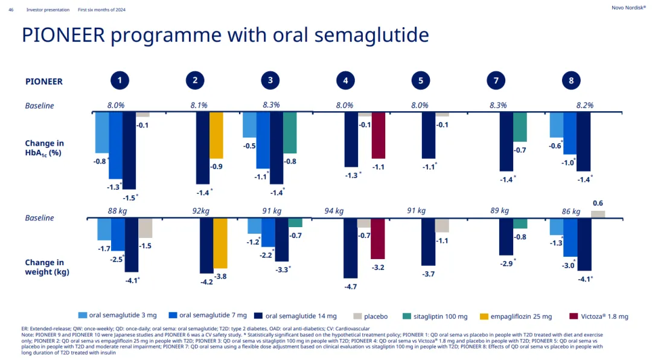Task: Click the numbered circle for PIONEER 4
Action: [345, 81]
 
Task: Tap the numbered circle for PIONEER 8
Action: [571, 81]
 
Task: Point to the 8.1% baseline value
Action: [199, 105]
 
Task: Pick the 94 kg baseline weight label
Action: [334, 211]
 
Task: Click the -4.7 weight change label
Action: [351, 286]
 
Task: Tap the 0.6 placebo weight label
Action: [598, 203]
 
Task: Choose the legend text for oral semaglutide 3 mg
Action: [123, 315]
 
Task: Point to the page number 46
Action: [11, 10]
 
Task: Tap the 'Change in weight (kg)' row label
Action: [47, 267]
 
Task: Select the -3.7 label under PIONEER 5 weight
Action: [428, 274]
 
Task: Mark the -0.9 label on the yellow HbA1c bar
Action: [216, 166]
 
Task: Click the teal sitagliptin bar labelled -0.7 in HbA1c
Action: [520, 127]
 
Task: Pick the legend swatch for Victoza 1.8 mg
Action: [574, 316]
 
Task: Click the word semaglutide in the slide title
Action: [367, 36]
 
